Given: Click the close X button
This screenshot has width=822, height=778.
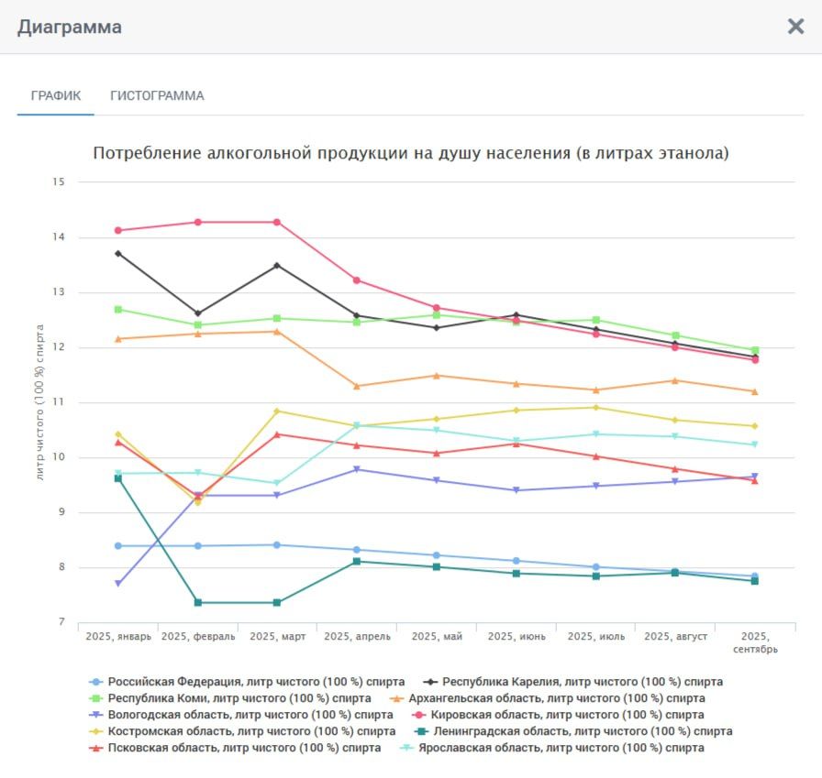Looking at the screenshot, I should pyautogui.click(x=795, y=27).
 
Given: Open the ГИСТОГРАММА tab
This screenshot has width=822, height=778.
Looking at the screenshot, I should pyautogui.click(x=157, y=95).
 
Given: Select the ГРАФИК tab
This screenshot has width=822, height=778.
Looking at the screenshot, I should pyautogui.click(x=56, y=95).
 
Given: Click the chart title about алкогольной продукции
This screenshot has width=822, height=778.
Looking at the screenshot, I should pyautogui.click(x=411, y=153).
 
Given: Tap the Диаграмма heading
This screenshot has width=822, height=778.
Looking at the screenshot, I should pyautogui.click(x=70, y=27).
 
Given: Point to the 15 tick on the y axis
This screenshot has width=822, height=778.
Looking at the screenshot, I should pyautogui.click(x=59, y=182).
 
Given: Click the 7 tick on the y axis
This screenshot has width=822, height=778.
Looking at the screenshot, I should pyautogui.click(x=61, y=622).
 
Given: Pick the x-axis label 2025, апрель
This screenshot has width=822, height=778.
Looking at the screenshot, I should pyautogui.click(x=357, y=636).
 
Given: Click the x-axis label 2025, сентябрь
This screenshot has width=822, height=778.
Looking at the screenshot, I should pyautogui.click(x=755, y=642).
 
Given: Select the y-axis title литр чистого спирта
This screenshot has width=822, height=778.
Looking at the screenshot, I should pyautogui.click(x=39, y=401).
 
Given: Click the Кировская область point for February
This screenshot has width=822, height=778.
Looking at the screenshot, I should pyautogui.click(x=198, y=222).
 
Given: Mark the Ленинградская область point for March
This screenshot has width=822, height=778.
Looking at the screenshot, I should pyautogui.click(x=277, y=602).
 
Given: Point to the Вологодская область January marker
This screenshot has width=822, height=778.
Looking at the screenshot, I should pyautogui.click(x=118, y=584).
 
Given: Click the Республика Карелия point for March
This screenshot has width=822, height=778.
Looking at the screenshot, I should pyautogui.click(x=277, y=266).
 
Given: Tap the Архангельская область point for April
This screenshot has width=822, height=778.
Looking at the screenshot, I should pyautogui.click(x=357, y=386).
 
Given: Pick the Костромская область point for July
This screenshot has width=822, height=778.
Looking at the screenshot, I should pyautogui.click(x=595, y=408).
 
